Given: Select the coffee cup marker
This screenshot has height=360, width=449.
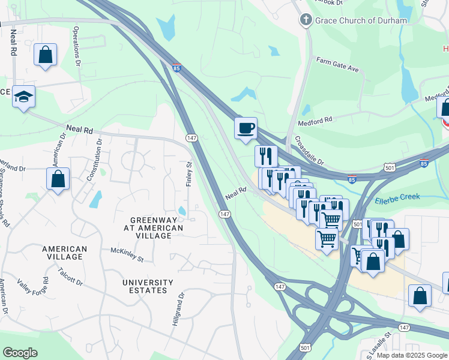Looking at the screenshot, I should point(246,128).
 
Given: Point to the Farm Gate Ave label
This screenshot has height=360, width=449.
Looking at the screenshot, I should point(337,65).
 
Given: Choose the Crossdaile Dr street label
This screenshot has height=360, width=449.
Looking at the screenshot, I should point(309,151).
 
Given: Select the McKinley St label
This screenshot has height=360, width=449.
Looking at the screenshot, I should point(127,254).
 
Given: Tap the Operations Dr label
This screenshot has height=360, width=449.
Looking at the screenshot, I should point(76,45).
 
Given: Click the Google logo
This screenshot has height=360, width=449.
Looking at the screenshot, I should point(20,353).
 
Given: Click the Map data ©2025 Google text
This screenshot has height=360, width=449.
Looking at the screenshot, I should point(412,355).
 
